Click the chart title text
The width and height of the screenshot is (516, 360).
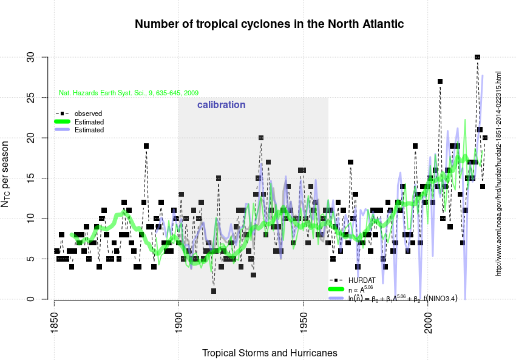269,24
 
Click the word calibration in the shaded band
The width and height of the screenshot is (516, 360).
221,105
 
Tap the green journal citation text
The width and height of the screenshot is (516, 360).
129,93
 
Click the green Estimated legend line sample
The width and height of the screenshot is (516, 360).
62,122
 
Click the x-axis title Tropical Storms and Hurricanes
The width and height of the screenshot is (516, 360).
269,353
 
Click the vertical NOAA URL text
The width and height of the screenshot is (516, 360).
498,174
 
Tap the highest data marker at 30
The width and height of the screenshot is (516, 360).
477,57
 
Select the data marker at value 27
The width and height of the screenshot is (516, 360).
440,81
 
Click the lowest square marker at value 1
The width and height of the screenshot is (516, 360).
214,291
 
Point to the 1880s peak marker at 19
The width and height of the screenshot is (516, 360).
146,146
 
